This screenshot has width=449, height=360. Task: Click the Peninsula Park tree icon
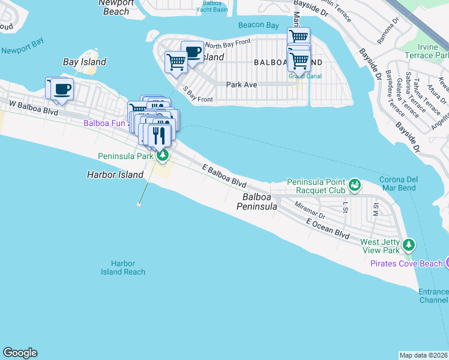(163, 156)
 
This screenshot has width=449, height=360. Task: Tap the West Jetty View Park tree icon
(409, 245)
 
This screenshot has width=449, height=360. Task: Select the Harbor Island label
(115, 175)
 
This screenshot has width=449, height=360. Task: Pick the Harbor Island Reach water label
(123, 268)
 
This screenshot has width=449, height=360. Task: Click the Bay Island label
(85, 62)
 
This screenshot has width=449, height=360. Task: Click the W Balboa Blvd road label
(34, 107)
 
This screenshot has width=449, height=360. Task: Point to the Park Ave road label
(241, 85)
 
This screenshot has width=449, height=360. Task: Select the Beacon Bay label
(258, 25)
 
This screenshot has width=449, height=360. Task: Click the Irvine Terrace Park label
(426, 51)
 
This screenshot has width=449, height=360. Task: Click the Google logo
(20, 353)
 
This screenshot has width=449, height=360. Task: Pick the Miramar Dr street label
(310, 211)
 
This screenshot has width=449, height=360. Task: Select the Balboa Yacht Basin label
(215, 6)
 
